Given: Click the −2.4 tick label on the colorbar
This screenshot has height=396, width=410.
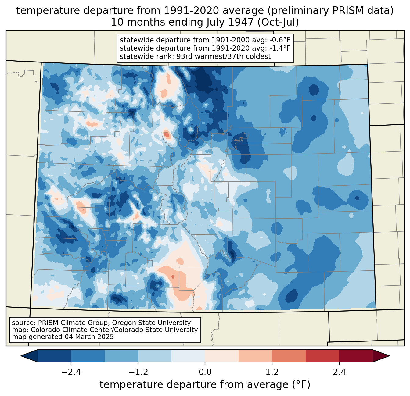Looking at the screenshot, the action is coord(71,372).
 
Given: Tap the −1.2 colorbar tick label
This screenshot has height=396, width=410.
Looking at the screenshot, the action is coord(138,372).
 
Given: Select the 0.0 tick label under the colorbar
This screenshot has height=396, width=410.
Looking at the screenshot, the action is coord(205,372).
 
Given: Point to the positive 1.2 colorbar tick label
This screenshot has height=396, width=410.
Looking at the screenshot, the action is coord(272,372).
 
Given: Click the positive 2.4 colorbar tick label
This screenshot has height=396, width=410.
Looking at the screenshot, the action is coord(339,372).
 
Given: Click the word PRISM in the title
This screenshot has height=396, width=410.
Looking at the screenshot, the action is coord(345,11).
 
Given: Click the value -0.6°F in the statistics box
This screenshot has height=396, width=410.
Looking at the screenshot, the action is coord(279,40).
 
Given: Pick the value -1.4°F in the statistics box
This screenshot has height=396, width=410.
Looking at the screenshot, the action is coord(280,48).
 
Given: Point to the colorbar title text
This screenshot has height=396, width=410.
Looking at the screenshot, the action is coord(205,384).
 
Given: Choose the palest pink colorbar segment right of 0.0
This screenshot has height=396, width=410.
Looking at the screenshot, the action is coord(222,356).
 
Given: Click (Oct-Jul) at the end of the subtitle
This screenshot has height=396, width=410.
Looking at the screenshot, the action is coord(278,22).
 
